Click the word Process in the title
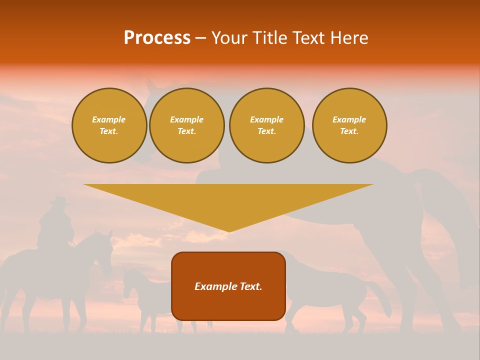(157, 38)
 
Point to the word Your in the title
(229, 38)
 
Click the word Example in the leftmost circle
(109, 119)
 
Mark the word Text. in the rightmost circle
(349, 131)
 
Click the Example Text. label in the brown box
(228, 286)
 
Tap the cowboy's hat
(60, 201)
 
